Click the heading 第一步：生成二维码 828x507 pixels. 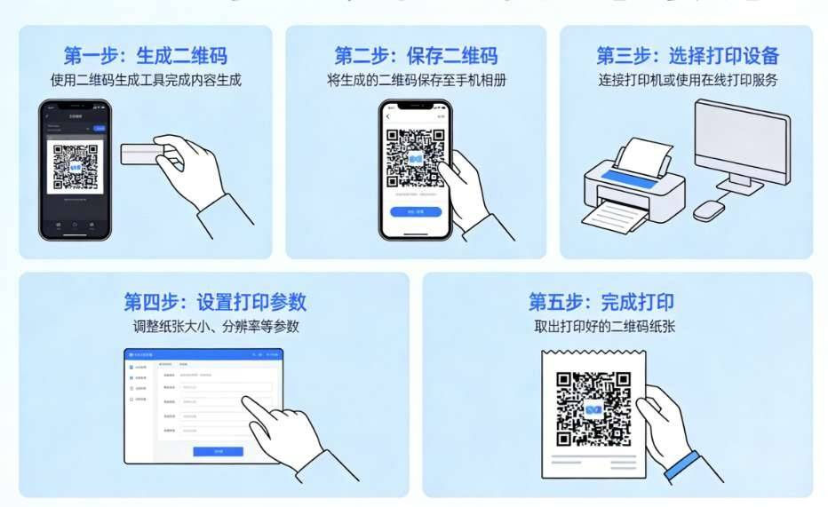pos(145,56)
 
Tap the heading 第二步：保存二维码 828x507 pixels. pos(416,56)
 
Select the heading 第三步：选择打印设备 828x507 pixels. pos(687,56)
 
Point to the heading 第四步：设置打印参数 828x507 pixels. pos(215,300)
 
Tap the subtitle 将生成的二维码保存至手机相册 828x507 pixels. pos(417,80)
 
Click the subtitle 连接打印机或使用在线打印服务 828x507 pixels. pos(687,80)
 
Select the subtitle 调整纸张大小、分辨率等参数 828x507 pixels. pos(215,326)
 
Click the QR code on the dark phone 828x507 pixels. pos(76,167)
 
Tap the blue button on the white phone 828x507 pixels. pos(416,212)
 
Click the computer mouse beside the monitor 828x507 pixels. pos(709,210)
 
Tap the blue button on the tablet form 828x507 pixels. pos(218,451)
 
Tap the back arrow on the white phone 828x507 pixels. pos(388,116)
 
